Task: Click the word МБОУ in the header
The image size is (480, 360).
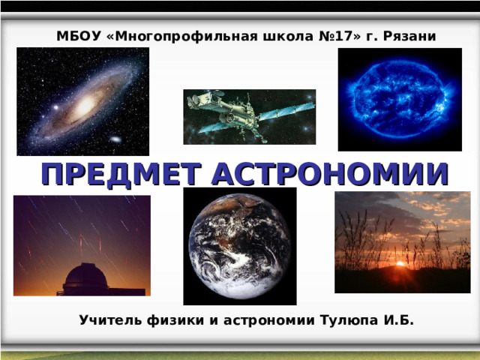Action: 79,36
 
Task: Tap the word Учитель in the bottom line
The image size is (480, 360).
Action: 110,320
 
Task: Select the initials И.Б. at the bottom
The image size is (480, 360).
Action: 398,320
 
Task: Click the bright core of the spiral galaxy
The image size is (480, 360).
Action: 85,105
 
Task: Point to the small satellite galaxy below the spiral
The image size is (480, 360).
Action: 115,139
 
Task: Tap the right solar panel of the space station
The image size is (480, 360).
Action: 286,112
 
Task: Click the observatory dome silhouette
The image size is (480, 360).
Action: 86,275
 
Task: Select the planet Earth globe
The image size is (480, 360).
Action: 240,247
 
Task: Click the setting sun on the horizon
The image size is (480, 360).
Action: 400,263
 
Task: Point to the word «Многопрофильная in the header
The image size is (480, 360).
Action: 181,37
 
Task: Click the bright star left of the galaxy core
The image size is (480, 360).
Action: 56,107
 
